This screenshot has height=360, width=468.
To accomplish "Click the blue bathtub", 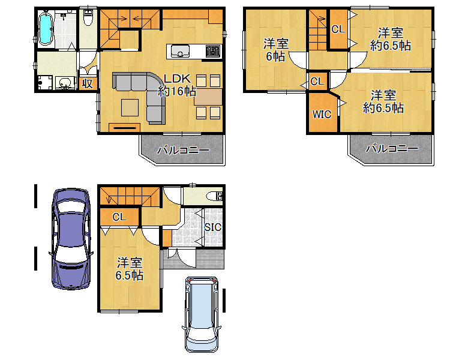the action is [46, 29].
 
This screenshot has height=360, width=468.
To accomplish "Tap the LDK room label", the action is [177, 85].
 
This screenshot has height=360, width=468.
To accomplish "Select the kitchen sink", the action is [180, 51].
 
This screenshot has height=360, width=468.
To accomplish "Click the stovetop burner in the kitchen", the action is [213, 51].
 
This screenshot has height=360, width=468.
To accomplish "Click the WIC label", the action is [322, 115].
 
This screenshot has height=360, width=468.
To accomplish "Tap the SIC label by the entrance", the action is [212, 227].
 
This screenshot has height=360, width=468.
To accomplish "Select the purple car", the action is [71, 239].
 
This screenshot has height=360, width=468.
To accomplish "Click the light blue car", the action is [202, 314].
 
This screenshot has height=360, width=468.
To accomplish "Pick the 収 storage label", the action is [88, 83].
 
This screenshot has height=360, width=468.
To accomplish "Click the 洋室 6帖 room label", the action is [276, 50].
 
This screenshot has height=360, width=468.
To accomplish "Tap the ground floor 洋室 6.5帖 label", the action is [130, 269].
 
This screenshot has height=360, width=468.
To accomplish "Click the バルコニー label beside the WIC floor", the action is [392, 148].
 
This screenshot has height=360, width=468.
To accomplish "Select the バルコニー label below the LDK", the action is [183, 150].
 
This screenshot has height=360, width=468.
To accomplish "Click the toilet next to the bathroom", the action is [88, 18].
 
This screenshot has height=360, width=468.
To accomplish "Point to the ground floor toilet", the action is [214, 196].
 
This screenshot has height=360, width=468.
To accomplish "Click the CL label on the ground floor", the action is [119, 217].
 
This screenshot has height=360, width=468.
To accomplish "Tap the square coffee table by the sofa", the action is [130, 107].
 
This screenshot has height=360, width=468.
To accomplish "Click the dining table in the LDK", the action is [208, 97].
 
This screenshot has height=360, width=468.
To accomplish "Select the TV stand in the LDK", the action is [124, 127].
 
